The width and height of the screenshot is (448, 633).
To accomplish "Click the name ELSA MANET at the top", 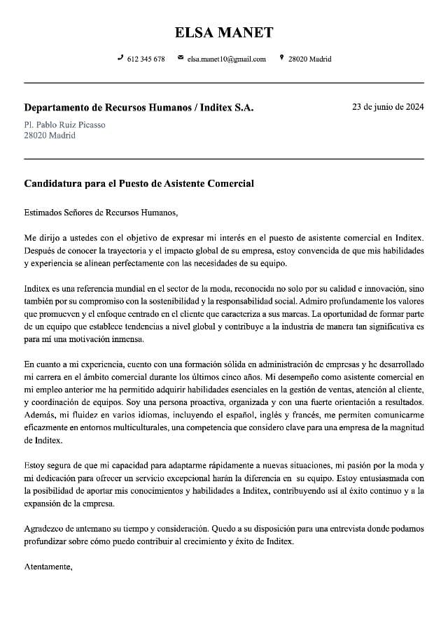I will tap(224, 32).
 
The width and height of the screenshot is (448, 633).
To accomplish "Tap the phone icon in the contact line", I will tap(120, 58).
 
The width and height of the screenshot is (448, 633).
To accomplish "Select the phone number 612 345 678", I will tap(146, 59).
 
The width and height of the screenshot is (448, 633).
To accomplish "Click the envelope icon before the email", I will tap(181, 58).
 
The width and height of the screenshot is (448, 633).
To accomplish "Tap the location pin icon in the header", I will tap(281, 58).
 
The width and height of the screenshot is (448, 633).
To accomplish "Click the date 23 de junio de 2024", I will tap(388, 107).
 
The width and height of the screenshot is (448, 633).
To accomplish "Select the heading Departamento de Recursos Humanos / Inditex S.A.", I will tap(139, 108).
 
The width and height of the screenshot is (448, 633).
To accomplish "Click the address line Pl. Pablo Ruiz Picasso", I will tap(64, 125).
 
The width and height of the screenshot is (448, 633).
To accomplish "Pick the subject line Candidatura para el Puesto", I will tap(139, 183).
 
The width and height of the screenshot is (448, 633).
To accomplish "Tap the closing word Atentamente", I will tap(48, 566).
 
